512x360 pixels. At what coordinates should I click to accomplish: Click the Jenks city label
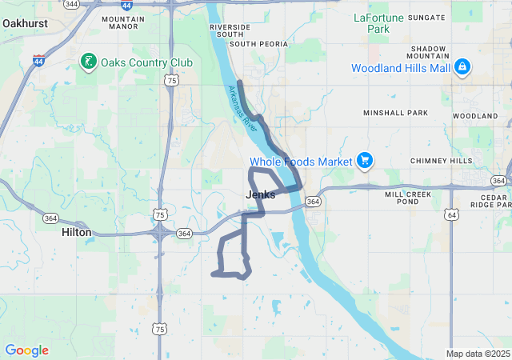coord(260,194)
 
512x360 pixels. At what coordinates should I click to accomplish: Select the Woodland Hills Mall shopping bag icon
coord(462,68)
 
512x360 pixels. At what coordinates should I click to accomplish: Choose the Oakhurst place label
coord(25,24)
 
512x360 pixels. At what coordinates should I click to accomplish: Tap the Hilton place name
coord(77,232)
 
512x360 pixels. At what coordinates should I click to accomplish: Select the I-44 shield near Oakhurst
coord(38,60)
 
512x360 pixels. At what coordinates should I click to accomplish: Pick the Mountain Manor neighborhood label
coord(123,22)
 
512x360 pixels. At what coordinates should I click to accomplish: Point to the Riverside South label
coord(230,30)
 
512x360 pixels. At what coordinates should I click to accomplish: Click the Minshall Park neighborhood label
coord(396,114)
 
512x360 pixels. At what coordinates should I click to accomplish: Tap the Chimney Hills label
coord(441,161)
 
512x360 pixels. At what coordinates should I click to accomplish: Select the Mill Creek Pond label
coord(407,198)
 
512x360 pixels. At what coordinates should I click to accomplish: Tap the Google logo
coord(27,350)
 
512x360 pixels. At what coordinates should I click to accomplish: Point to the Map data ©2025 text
coord(477,354)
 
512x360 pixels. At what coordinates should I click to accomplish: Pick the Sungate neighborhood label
coord(426,17)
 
